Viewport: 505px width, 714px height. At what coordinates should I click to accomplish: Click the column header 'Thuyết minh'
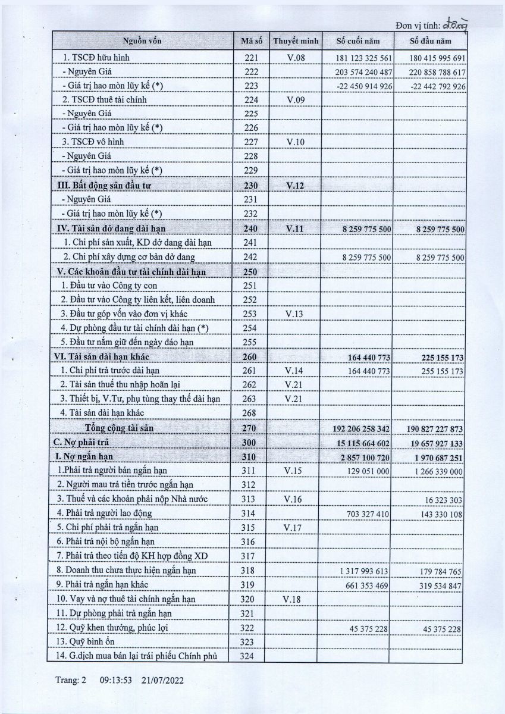296,41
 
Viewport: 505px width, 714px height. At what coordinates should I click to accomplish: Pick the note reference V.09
295,99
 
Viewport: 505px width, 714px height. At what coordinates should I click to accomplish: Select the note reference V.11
295,228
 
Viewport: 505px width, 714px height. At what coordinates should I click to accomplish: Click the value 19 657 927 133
430,442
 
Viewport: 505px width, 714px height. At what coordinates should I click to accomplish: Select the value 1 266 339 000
435,471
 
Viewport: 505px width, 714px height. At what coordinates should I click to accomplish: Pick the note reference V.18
295,599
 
